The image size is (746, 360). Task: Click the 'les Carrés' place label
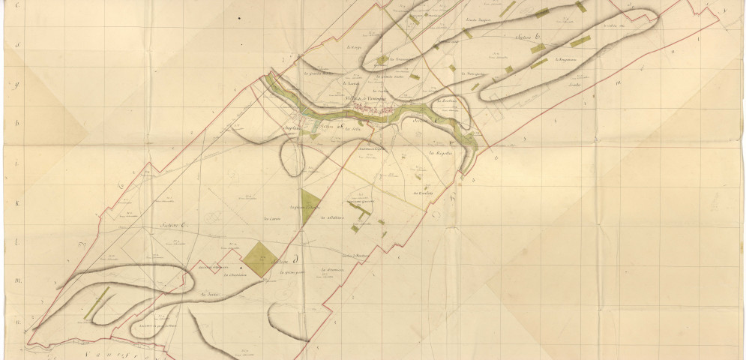(271, 218)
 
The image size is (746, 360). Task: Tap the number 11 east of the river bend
(496, 158)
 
